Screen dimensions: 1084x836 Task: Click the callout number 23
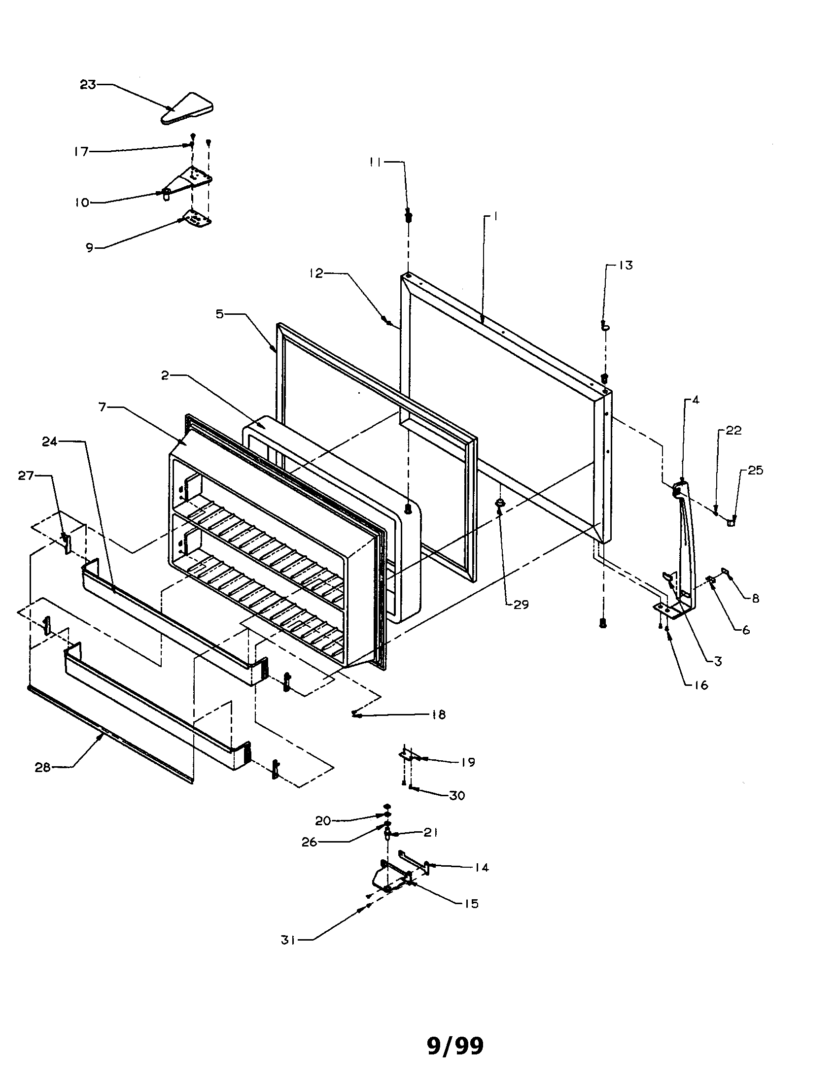[88, 85]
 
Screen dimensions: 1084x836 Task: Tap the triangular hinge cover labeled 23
[187, 109]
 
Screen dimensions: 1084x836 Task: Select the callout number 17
[81, 151]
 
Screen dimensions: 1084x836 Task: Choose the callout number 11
[376, 162]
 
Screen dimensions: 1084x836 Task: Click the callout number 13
[626, 266]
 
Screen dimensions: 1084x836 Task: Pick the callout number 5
[219, 314]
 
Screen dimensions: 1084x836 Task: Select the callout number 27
[26, 475]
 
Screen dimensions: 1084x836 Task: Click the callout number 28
[43, 767]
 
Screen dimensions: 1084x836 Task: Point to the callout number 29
[521, 605]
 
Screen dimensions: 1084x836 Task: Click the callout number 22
[733, 430]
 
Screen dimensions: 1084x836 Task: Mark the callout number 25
[755, 470]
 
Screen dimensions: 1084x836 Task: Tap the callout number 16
[700, 685]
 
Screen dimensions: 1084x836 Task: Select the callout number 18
[439, 714]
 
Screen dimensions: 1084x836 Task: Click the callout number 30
[457, 795]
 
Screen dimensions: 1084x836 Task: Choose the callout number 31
[288, 940]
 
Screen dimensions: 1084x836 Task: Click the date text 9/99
[455, 1046]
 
